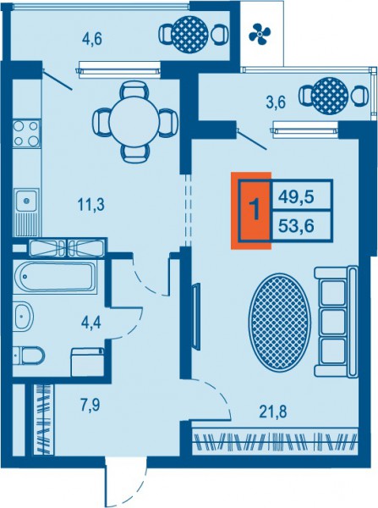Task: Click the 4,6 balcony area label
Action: [92, 40]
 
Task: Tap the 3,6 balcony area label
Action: [276, 103]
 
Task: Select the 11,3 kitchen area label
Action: [91, 205]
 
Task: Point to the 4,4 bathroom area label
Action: [91, 323]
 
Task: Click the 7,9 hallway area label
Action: [90, 406]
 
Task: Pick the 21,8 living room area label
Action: [273, 412]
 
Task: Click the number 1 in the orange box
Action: [255, 210]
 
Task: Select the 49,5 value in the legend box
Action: [297, 196]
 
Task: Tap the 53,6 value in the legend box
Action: [297, 226]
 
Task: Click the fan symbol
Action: [260, 33]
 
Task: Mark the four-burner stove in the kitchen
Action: [26, 134]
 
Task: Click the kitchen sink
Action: [26, 213]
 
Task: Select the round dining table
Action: [134, 122]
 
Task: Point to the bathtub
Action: [55, 276]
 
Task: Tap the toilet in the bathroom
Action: [29, 356]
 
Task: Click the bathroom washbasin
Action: [24, 316]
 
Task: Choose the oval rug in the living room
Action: [280, 322]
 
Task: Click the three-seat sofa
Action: [337, 322]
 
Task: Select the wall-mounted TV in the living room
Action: [196, 316]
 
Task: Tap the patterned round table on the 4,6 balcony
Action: [190, 33]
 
